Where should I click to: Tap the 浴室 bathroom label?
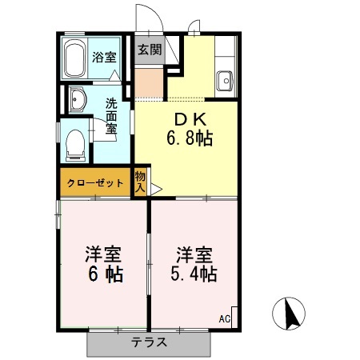(103, 57)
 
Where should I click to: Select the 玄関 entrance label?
(148, 49)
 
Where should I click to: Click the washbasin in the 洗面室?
(78, 100)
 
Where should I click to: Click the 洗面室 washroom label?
(113, 115)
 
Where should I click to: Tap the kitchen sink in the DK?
(225, 80)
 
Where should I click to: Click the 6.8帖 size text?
(189, 139)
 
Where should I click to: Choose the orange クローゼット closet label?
(95, 183)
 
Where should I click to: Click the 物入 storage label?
(140, 182)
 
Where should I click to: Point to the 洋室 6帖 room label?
(103, 265)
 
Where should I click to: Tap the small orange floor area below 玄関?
(148, 82)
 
